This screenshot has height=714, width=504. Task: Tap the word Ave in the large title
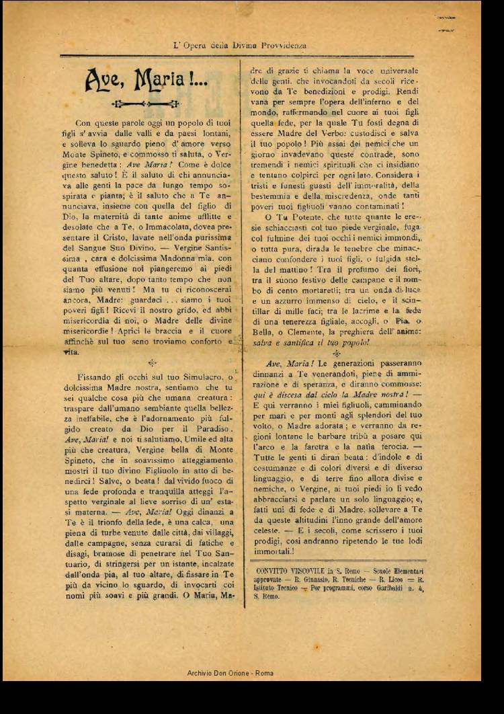click(x=103, y=80)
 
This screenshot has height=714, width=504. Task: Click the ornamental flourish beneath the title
click(x=146, y=104)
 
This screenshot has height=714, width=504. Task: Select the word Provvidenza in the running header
click(x=282, y=46)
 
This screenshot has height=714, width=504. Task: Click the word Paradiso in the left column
click(x=210, y=428)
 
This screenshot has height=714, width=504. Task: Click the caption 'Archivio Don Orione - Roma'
click(x=230, y=673)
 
